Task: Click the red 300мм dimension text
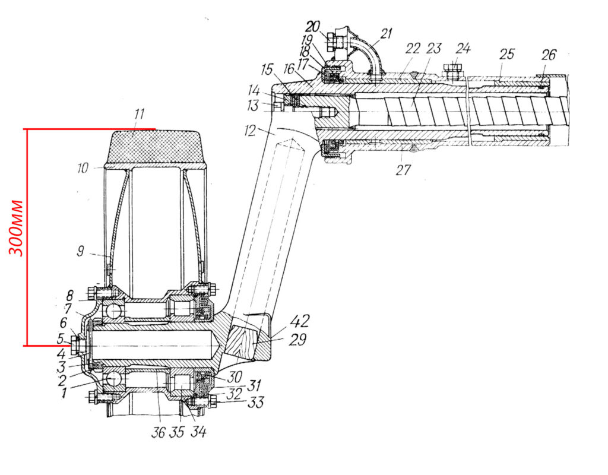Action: tap(16, 229)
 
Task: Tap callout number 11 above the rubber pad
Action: tap(138, 115)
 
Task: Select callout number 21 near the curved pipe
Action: tap(386, 33)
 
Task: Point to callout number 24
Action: tap(463, 49)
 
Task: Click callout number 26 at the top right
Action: tap(549, 55)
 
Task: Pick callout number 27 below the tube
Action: tap(403, 169)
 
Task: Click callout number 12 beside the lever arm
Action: tap(250, 131)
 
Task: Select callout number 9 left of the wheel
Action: tap(80, 251)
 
